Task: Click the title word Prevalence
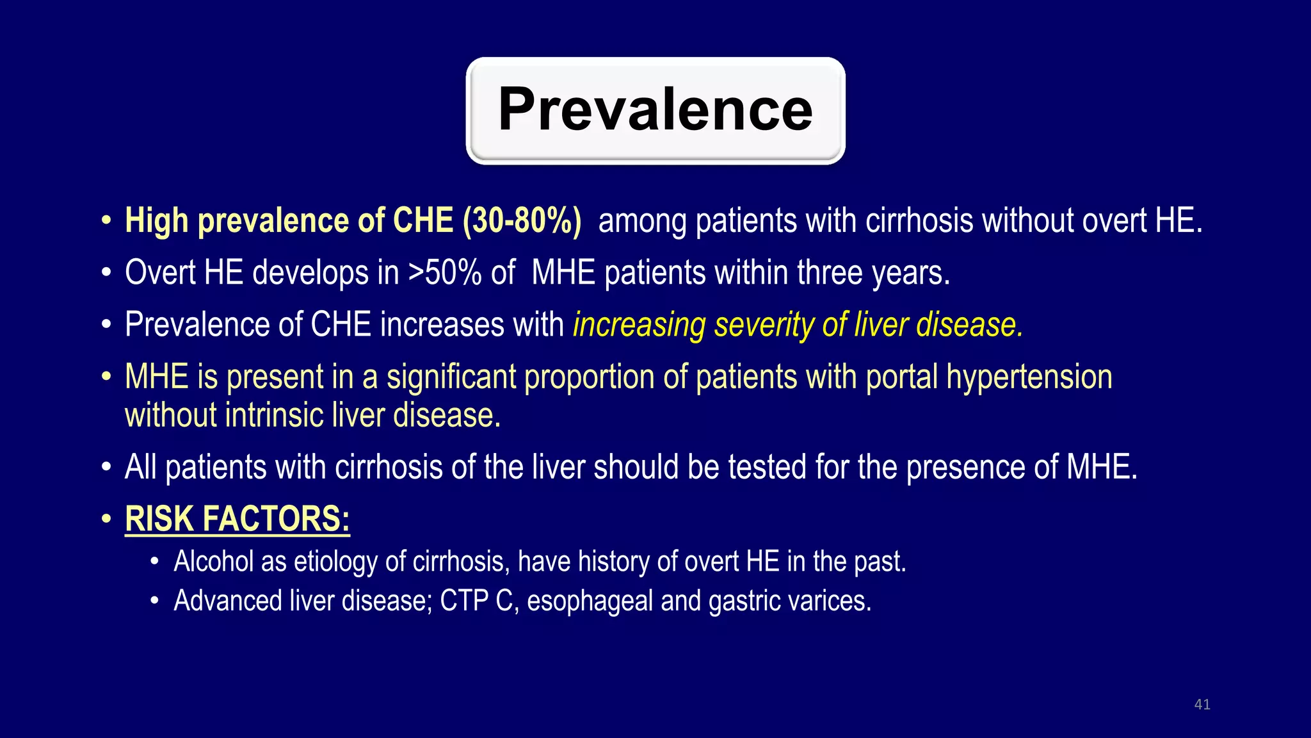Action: (x=655, y=110)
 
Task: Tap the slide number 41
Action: (x=1202, y=705)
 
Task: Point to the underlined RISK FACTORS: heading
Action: (x=237, y=519)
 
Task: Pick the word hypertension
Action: (x=1029, y=377)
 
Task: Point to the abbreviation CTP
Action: (x=464, y=602)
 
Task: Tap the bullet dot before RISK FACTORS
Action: (x=106, y=519)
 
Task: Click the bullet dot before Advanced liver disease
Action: (x=154, y=602)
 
